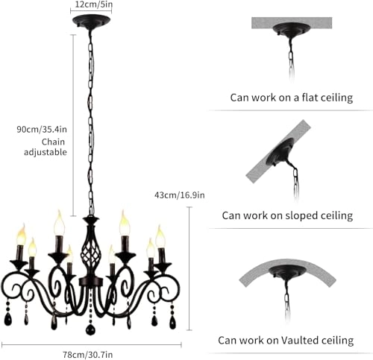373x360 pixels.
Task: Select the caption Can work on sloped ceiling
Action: [287, 215]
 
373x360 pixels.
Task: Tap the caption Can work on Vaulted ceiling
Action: [286, 340]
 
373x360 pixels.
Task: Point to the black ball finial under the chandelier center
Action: [91, 329]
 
